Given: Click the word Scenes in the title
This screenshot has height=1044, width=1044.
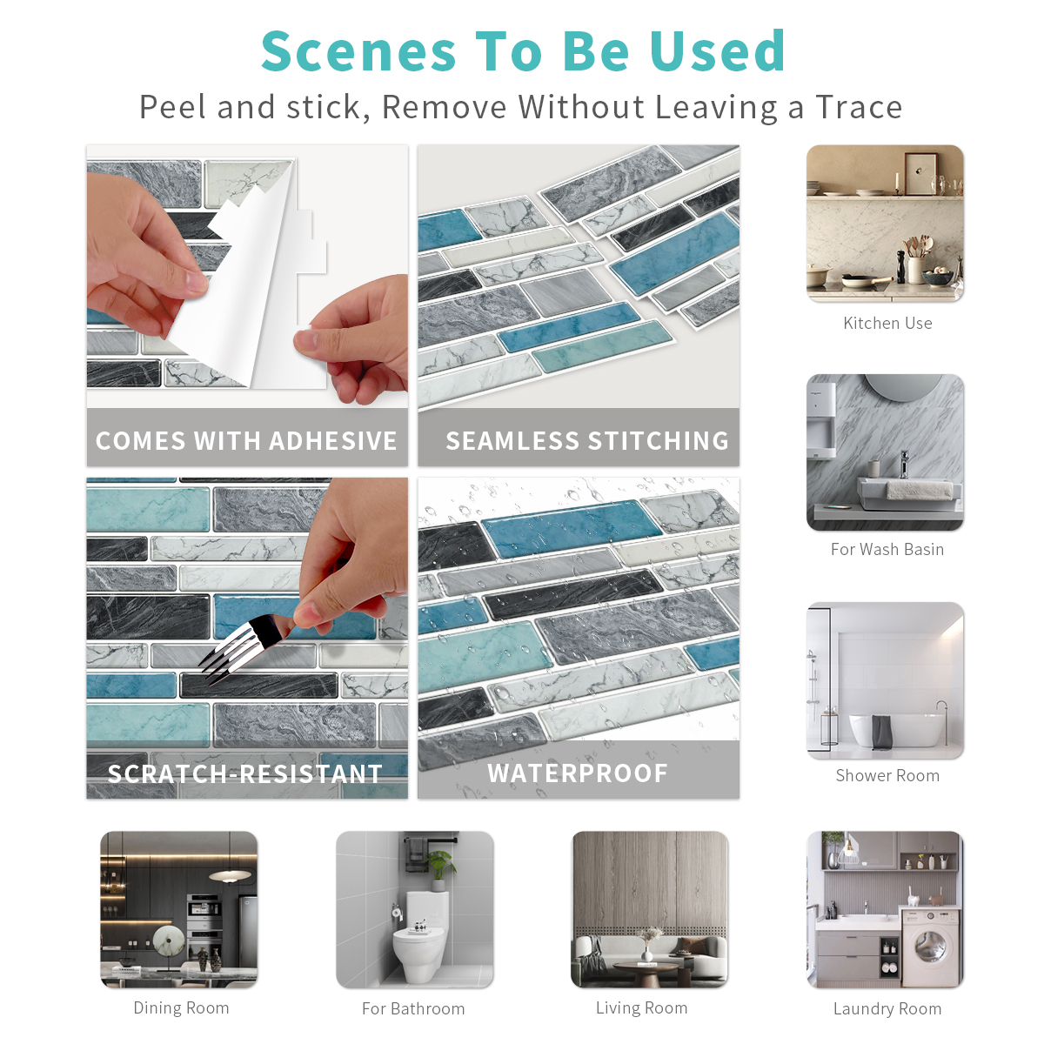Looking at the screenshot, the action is pyautogui.click(x=358, y=51).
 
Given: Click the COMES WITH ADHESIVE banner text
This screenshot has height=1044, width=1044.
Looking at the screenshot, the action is pyautogui.click(x=246, y=440).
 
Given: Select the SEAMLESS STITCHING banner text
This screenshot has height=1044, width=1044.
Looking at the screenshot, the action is pyautogui.click(x=586, y=440).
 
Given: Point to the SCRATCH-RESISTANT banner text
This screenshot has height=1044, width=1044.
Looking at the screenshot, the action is pyautogui.click(x=244, y=773).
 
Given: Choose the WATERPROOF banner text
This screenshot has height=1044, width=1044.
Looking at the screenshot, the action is pyautogui.click(x=578, y=773).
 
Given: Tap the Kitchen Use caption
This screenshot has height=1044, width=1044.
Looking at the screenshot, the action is pyautogui.click(x=887, y=323).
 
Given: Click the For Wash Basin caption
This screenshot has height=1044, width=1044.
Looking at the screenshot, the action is pyautogui.click(x=887, y=549).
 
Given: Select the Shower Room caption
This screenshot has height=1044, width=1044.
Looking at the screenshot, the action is pyautogui.click(x=887, y=775).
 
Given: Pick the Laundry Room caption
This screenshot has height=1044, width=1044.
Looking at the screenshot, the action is pyautogui.click(x=887, y=1009).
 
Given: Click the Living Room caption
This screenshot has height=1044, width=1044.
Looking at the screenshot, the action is pyautogui.click(x=641, y=1007).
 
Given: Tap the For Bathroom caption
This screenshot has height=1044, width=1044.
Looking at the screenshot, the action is pyautogui.click(x=413, y=1009).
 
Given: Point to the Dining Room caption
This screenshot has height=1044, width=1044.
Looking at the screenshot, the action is pyautogui.click(x=181, y=1007).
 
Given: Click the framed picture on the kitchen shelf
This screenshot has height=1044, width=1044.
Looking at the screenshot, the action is pyautogui.click(x=920, y=173).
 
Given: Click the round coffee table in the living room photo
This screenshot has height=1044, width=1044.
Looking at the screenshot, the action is pyautogui.click(x=646, y=970).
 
